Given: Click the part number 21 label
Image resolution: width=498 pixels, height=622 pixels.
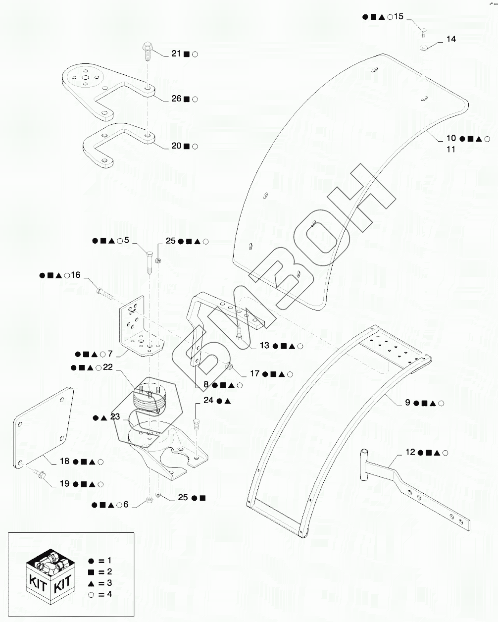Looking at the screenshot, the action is (x=176, y=53).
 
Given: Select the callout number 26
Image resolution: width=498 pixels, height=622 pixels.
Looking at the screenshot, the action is (x=176, y=99).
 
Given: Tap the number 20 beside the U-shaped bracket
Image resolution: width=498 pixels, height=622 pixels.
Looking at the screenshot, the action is (x=176, y=146).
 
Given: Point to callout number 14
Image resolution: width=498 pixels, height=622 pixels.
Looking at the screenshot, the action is (x=451, y=39).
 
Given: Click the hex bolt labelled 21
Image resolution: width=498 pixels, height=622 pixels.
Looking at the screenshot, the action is (x=147, y=50).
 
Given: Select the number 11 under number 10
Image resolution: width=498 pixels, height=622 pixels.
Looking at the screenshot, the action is (x=450, y=149).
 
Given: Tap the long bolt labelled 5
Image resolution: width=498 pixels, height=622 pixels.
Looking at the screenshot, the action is (x=149, y=260).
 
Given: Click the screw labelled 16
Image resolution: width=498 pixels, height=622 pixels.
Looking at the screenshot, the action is (x=103, y=293).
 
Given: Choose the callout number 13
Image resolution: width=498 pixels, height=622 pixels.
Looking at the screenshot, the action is (x=264, y=346).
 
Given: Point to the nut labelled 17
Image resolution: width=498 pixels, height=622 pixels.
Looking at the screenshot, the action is (x=229, y=366).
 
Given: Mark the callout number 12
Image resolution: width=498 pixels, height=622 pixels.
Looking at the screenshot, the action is (x=410, y=452).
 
